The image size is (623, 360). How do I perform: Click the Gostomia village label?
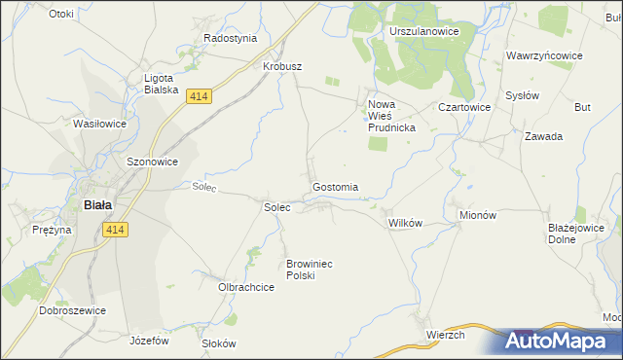tap(335, 187)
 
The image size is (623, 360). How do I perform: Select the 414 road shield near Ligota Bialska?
tap(199, 96)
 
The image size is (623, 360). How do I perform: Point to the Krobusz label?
tap(282, 66)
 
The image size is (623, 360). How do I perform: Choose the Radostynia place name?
tap(230, 38)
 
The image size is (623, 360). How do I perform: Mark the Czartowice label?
tap(462, 107)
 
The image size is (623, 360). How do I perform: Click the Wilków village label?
tap(405, 223)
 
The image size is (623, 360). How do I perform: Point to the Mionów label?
tap(477, 215)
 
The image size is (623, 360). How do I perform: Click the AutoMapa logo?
tap(559, 342)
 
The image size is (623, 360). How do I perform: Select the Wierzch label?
tap(445, 335)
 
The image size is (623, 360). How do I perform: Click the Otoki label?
tap(60, 14)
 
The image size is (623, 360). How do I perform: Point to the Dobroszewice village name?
tap(72, 310)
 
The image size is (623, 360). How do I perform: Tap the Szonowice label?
tap(152, 162)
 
